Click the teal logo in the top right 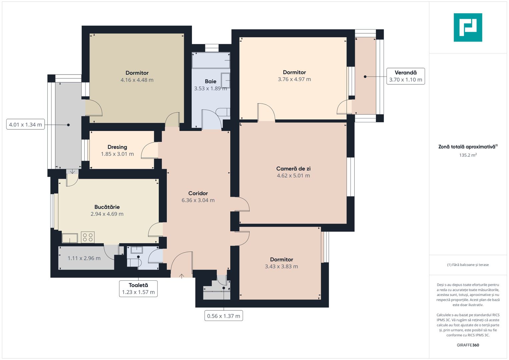(x=468, y=27)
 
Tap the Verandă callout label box (x=405, y=76)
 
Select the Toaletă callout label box (x=138, y=289)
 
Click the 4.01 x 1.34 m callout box (x=25, y=125)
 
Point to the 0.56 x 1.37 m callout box (x=223, y=316)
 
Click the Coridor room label (x=198, y=193)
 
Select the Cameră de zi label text (x=293, y=169)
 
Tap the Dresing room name (x=117, y=147)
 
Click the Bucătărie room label (x=107, y=207)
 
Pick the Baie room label (x=211, y=81)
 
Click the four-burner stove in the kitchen (x=88, y=237)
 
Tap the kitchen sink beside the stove (x=70, y=238)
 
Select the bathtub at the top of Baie (x=211, y=60)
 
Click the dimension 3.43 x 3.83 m (x=281, y=267)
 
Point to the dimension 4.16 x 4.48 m (x=137, y=80)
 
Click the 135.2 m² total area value (x=468, y=155)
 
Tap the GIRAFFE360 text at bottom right (x=468, y=345)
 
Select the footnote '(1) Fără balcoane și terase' (x=468, y=265)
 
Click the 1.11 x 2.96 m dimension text (x=84, y=258)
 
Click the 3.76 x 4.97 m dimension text (x=294, y=79)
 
